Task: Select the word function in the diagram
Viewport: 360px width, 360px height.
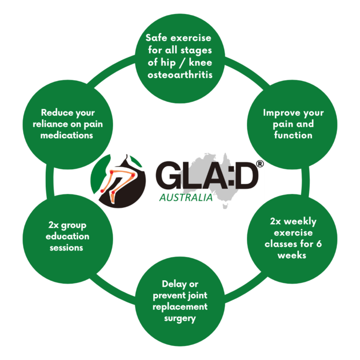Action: coord(294,135)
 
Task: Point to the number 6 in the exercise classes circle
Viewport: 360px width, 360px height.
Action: coord(318,244)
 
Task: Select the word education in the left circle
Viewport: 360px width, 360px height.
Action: coord(67,236)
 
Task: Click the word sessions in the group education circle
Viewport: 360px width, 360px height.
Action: coord(67,247)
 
